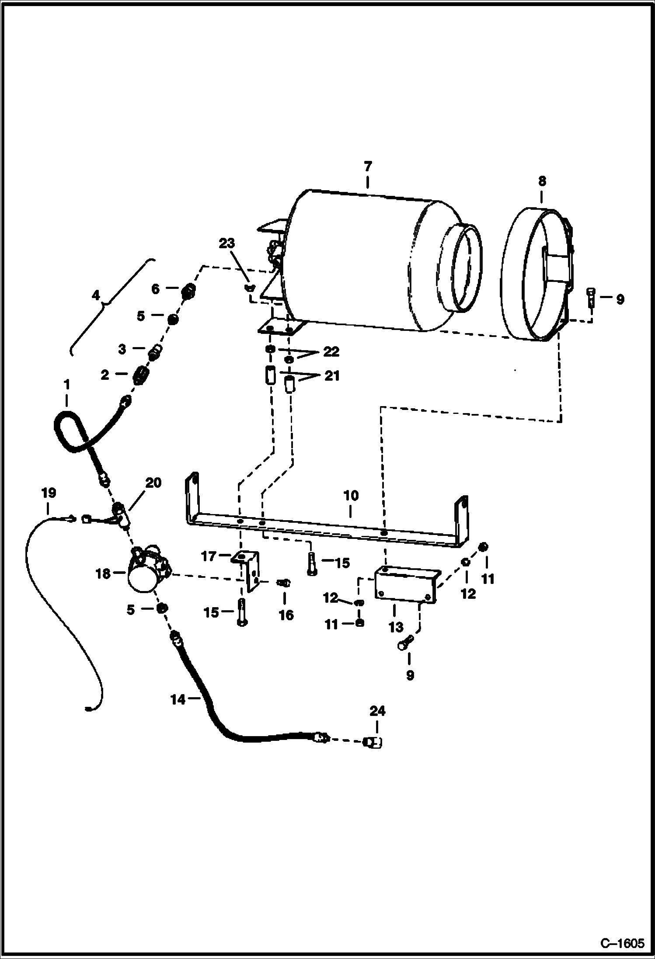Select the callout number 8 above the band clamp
542,181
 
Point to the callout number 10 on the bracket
351,496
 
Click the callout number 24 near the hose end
377,711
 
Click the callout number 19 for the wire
49,493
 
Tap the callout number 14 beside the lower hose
178,699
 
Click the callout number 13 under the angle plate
396,627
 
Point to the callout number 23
227,243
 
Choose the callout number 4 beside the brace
96,295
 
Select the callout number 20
153,483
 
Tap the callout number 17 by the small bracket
209,556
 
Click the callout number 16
286,615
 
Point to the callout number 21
331,376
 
